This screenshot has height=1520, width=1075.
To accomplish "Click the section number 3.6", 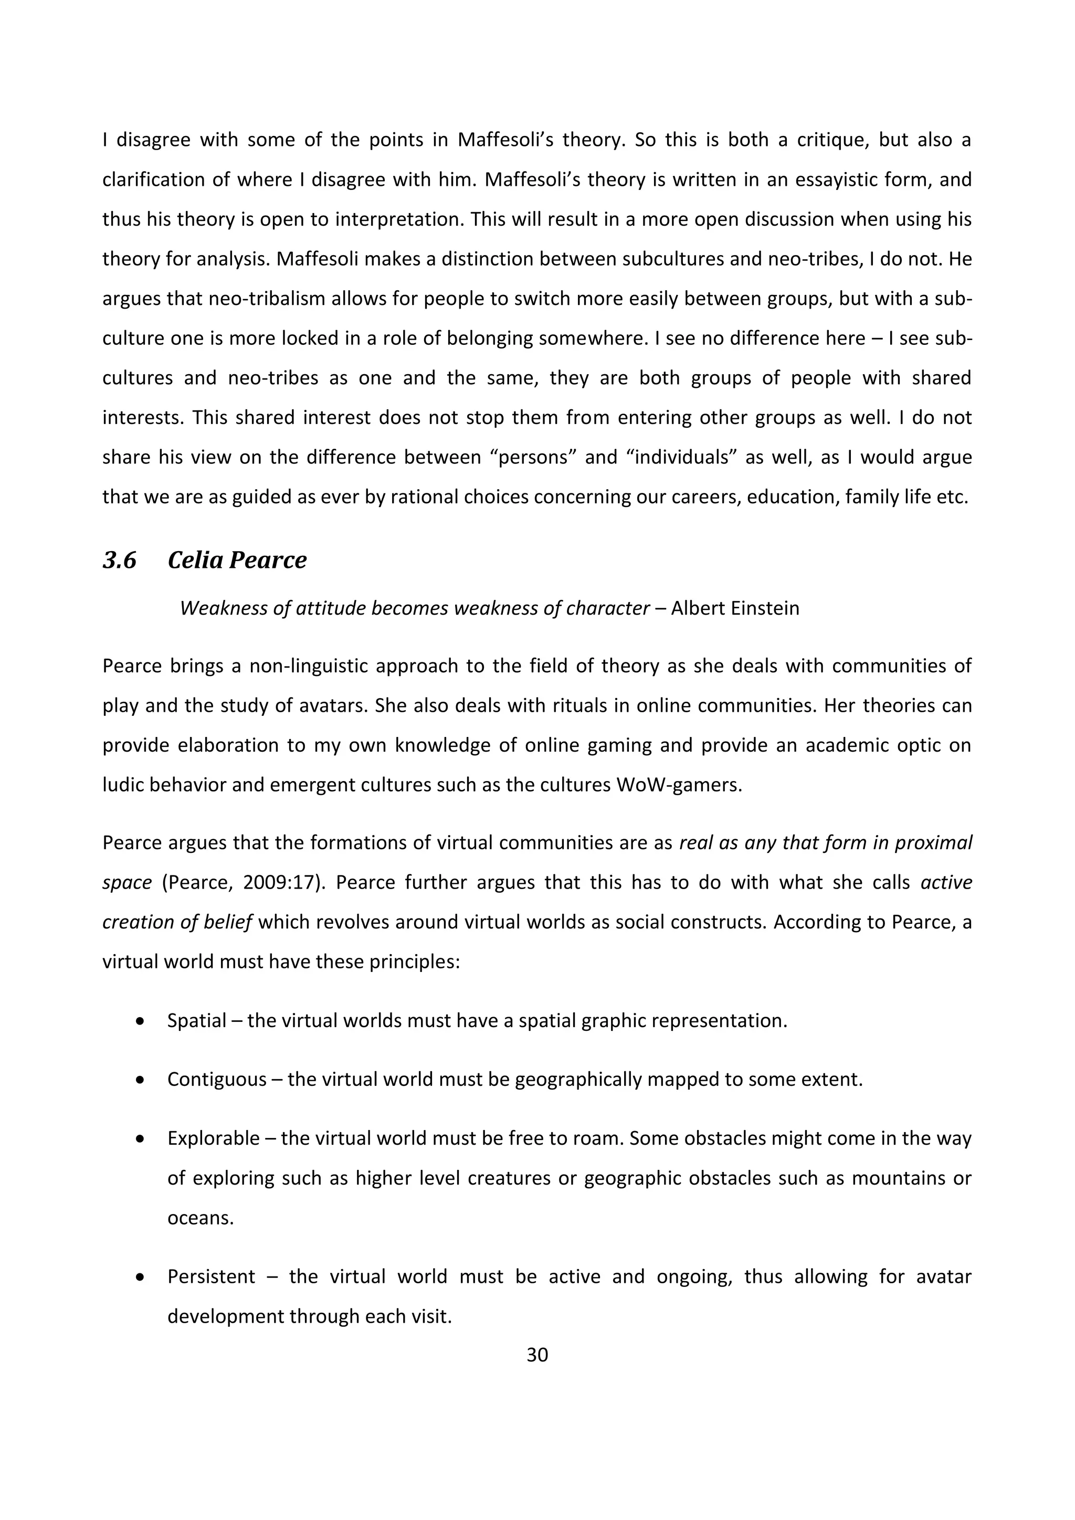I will pos(119,561).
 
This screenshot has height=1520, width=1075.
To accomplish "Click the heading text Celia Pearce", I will pos(237,561).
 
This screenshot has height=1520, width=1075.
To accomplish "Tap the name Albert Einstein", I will pos(735,608).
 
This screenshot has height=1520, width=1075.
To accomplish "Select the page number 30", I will pos(537,1355).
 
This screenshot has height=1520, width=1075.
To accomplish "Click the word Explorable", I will pos(213,1138).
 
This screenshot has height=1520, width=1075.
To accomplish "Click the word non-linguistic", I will pos(307,666).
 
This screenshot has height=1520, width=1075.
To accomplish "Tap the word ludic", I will pos(122,785).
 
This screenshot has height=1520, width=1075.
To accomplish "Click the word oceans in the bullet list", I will pos(200,1218).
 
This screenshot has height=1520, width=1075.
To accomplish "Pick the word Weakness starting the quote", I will pos(219,608).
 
